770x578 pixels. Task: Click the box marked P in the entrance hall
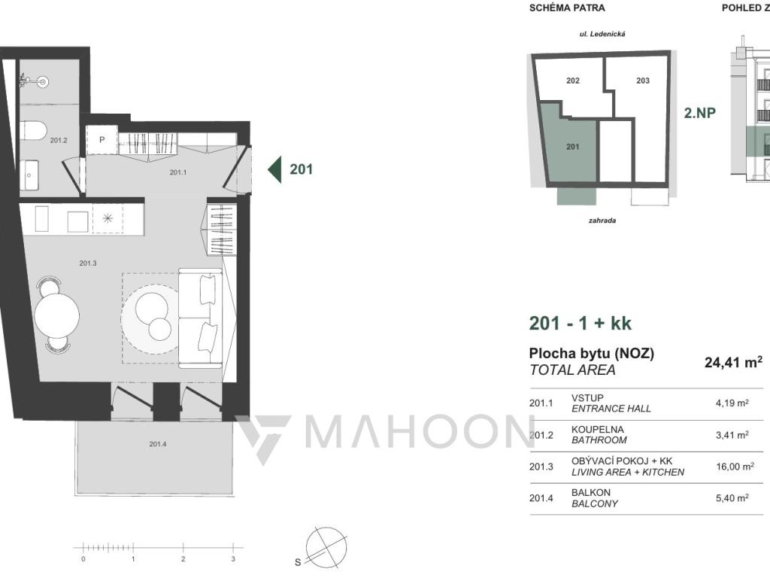click(x=102, y=140)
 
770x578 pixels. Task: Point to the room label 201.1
click(x=177, y=172)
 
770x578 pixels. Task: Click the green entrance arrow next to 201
click(x=274, y=169)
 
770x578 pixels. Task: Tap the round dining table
click(x=57, y=315)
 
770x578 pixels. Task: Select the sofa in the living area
click(x=200, y=318)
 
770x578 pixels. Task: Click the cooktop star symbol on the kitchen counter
click(x=108, y=219)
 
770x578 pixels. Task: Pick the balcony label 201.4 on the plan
click(x=158, y=444)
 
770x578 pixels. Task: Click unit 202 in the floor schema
click(x=572, y=81)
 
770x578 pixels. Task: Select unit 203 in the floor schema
click(x=643, y=81)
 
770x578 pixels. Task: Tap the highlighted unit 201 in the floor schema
click(x=572, y=147)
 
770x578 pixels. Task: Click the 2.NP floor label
click(x=700, y=113)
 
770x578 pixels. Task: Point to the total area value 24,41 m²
click(x=733, y=362)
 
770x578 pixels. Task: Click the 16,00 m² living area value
click(x=735, y=466)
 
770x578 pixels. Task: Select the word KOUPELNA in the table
click(x=598, y=430)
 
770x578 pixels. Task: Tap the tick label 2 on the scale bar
click(x=183, y=559)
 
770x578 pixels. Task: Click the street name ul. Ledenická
click(x=602, y=34)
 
